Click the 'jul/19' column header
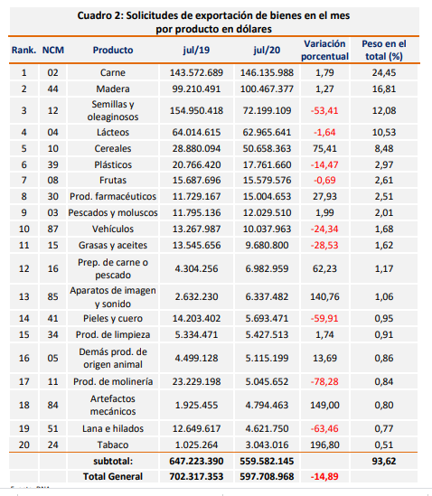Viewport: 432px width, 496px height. (x=196, y=50)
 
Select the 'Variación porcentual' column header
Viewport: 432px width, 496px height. (x=324, y=50)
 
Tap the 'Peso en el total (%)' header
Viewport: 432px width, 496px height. (x=384, y=50)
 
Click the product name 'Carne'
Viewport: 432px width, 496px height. (x=113, y=72)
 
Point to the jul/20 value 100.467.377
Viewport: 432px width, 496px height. (x=267, y=89)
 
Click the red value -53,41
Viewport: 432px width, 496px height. (x=324, y=111)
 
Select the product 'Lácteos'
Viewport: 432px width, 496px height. (x=113, y=132)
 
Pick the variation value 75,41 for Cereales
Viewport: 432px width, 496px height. (x=324, y=148)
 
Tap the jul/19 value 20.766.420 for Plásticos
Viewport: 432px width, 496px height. (x=196, y=164)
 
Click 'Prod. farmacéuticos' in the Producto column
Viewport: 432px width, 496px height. (x=113, y=196)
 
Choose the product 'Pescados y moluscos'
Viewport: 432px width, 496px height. (x=113, y=213)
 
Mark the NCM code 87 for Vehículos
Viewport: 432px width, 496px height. (x=52, y=229)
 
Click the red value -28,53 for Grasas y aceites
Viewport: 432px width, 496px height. (x=324, y=245)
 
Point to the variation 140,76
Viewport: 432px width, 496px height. (x=324, y=296)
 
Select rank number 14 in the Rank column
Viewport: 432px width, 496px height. (x=24, y=318)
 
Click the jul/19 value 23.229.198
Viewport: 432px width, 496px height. (x=196, y=381)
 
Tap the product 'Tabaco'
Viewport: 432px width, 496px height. (x=113, y=445)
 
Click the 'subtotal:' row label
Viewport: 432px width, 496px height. (x=113, y=461)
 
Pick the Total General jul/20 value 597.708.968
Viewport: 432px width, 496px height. (x=267, y=476)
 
